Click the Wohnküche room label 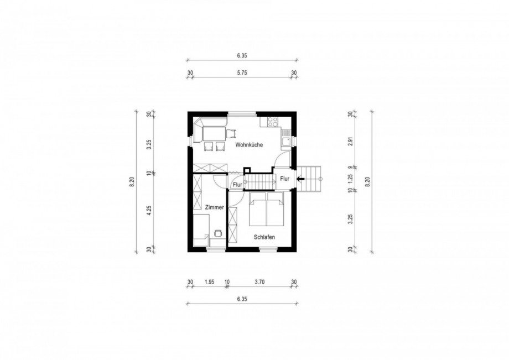pos(250,145)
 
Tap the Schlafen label pos(264,237)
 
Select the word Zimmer pos(214,207)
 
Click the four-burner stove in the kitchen pos(272,122)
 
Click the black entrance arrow pos(300,179)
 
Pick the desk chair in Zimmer pos(218,233)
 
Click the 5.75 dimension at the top pos(242,73)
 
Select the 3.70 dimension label pos(259,282)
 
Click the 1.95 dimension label pos(209,282)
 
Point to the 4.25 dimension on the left pos(149,211)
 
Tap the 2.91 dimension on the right pos(350,142)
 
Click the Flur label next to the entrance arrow pos(285,179)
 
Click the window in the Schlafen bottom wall pos(268,249)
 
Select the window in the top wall pos(242,114)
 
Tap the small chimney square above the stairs pos(247,170)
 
